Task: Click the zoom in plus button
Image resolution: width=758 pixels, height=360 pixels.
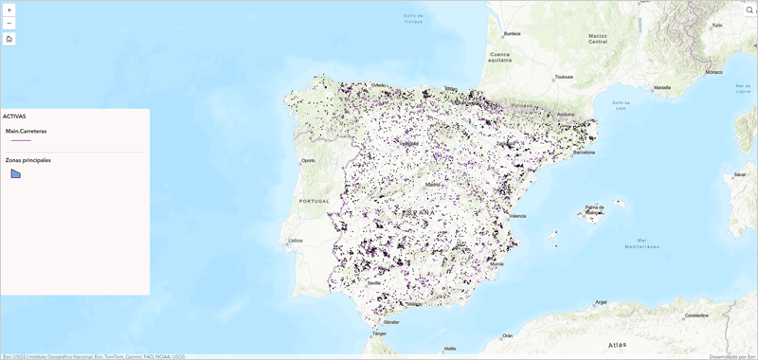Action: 9,9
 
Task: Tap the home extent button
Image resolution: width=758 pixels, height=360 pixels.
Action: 9,39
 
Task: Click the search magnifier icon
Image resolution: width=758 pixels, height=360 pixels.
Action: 749,9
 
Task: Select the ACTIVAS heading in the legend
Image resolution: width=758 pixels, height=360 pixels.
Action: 14,117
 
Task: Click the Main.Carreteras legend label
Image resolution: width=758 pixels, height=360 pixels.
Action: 26,131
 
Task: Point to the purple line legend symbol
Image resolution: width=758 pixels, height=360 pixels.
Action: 21,140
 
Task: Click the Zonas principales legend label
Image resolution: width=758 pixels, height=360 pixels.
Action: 28,160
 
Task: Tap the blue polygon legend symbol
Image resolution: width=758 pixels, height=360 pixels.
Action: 15,173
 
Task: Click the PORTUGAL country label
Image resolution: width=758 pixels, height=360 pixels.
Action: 313,201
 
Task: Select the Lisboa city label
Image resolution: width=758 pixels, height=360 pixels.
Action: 295,241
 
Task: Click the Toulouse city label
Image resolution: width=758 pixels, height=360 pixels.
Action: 564,77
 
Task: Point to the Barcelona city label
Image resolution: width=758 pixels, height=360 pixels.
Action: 584,152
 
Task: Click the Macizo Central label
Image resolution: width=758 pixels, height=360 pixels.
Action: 597,39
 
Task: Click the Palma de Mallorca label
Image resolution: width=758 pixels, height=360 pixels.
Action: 595,207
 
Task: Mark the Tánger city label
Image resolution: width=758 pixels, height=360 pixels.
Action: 379,333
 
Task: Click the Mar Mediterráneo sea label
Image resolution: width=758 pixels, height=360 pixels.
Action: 641,243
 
